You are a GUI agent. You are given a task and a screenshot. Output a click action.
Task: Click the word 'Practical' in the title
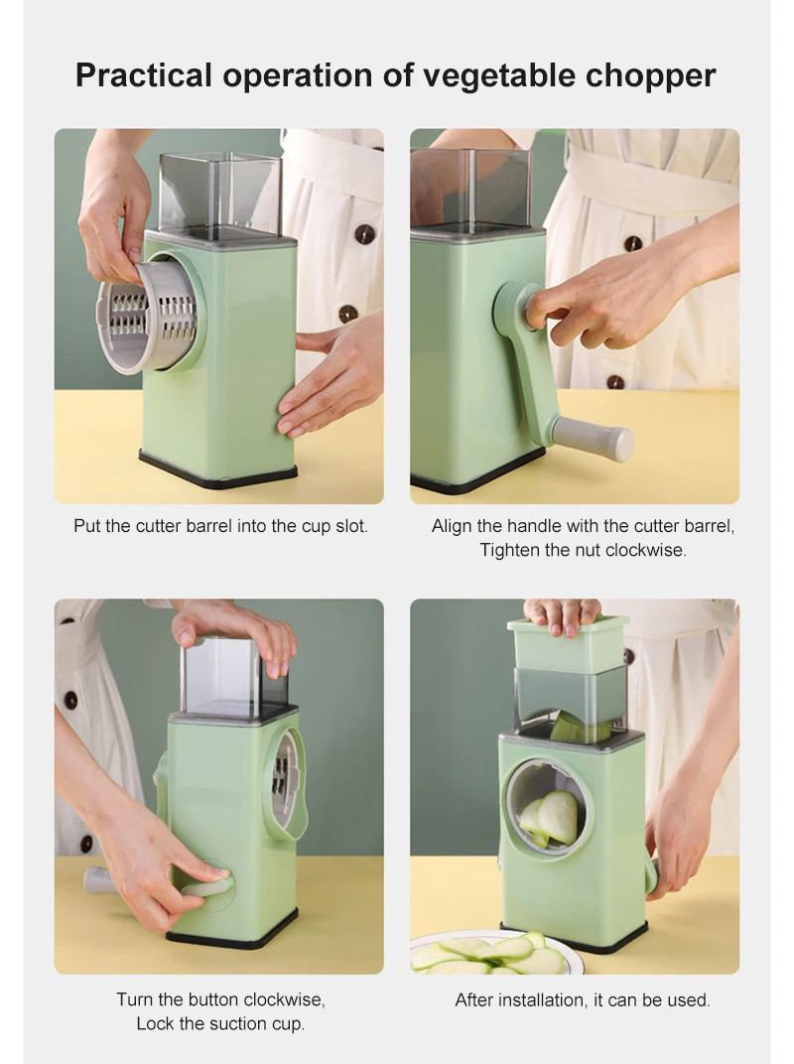[142, 75]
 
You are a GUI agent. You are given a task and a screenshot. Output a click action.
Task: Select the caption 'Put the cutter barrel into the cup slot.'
[220, 526]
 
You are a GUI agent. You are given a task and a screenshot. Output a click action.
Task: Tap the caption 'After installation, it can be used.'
[583, 999]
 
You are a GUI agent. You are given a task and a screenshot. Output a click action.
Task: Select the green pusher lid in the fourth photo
[568, 642]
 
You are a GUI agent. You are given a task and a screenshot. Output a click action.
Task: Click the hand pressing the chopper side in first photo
[332, 382]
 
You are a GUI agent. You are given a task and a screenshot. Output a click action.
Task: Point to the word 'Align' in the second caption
[453, 526]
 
